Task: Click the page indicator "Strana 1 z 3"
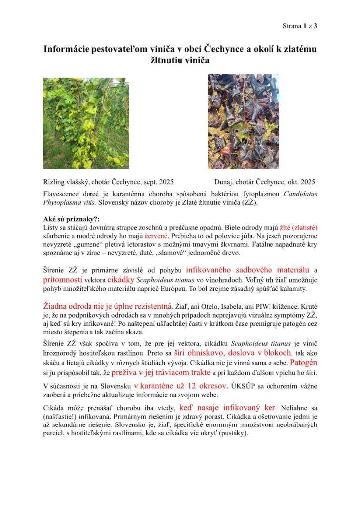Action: click(x=300, y=26)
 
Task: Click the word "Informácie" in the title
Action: click(x=64, y=50)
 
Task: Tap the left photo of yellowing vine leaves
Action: click(x=86, y=122)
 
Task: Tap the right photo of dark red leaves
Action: click(x=243, y=121)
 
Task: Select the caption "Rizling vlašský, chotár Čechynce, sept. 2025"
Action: click(x=108, y=182)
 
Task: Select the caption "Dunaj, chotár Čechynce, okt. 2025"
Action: click(x=265, y=182)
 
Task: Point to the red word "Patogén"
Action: click(x=303, y=362)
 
